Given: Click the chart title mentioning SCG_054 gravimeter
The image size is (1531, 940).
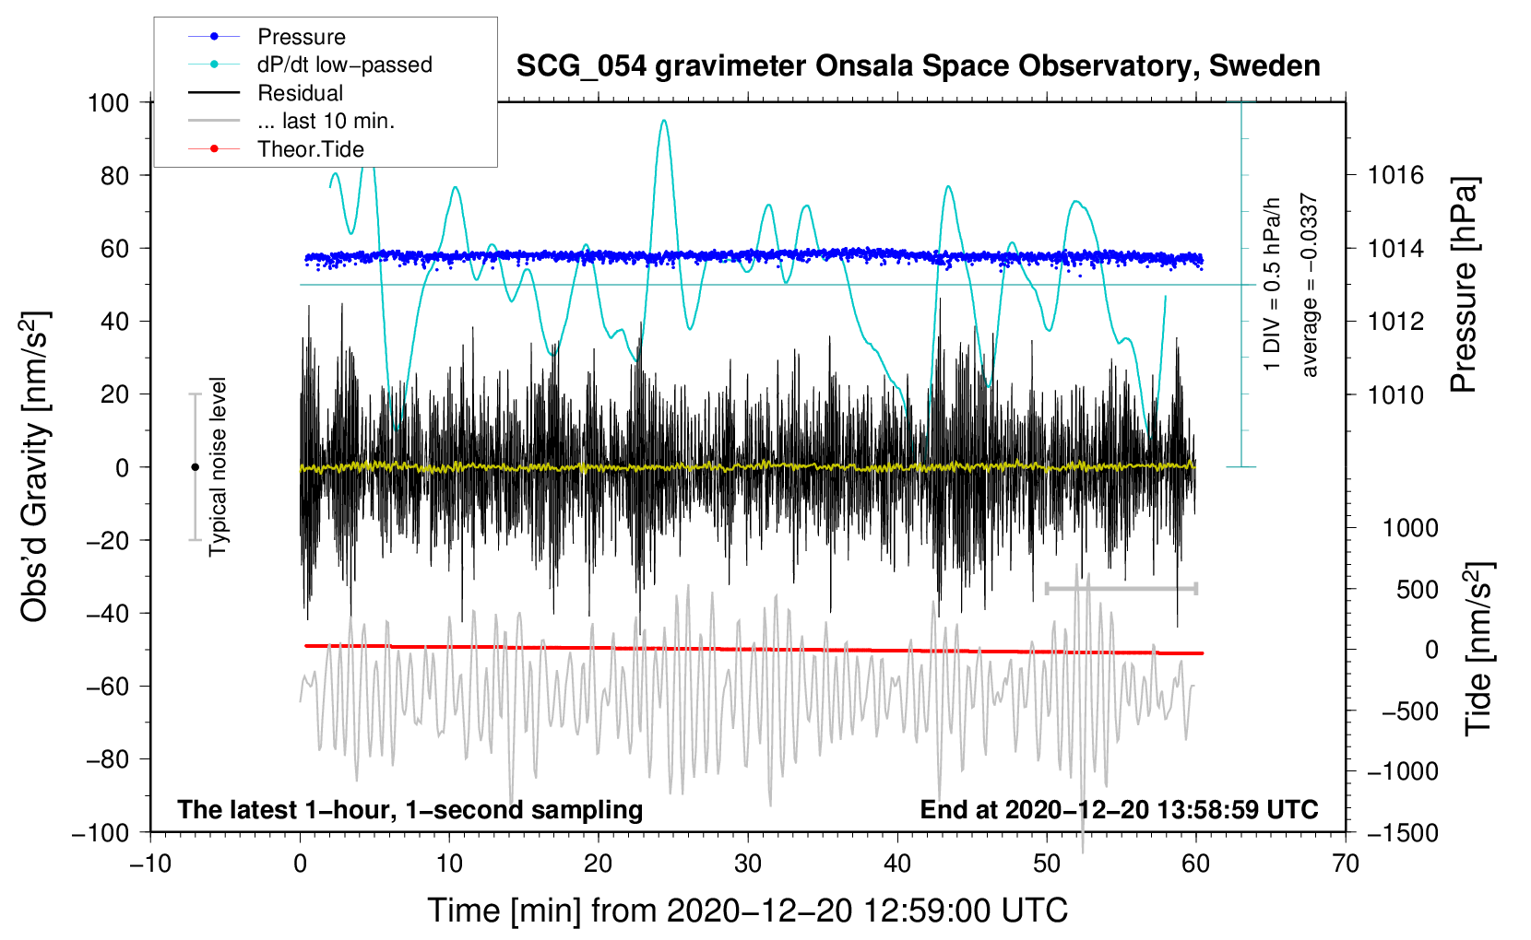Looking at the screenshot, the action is coord(918,66).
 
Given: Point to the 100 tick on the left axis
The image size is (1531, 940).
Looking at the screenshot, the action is coord(109,103).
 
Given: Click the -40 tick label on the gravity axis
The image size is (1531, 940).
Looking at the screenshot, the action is coord(108,614).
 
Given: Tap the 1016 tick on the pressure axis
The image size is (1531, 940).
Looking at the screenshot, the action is coord(1395,176).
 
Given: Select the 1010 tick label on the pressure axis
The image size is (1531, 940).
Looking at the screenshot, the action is coord(1395,394).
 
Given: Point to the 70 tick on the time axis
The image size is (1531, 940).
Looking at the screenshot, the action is coord(1345,864).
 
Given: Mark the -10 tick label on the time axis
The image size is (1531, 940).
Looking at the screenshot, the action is coord(150,864).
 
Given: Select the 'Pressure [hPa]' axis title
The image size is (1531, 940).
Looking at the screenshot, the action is coord(1464,285).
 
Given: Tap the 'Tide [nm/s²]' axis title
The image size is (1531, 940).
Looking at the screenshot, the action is coord(1479,649).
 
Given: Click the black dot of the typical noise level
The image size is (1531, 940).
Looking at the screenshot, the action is coord(195,467).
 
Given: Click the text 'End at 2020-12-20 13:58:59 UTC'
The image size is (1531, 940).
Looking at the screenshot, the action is coord(1119,809).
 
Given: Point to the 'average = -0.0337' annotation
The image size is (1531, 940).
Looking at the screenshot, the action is coord(1309,285).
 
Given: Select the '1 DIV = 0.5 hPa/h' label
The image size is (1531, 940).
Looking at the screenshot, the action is coord(1271,285).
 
